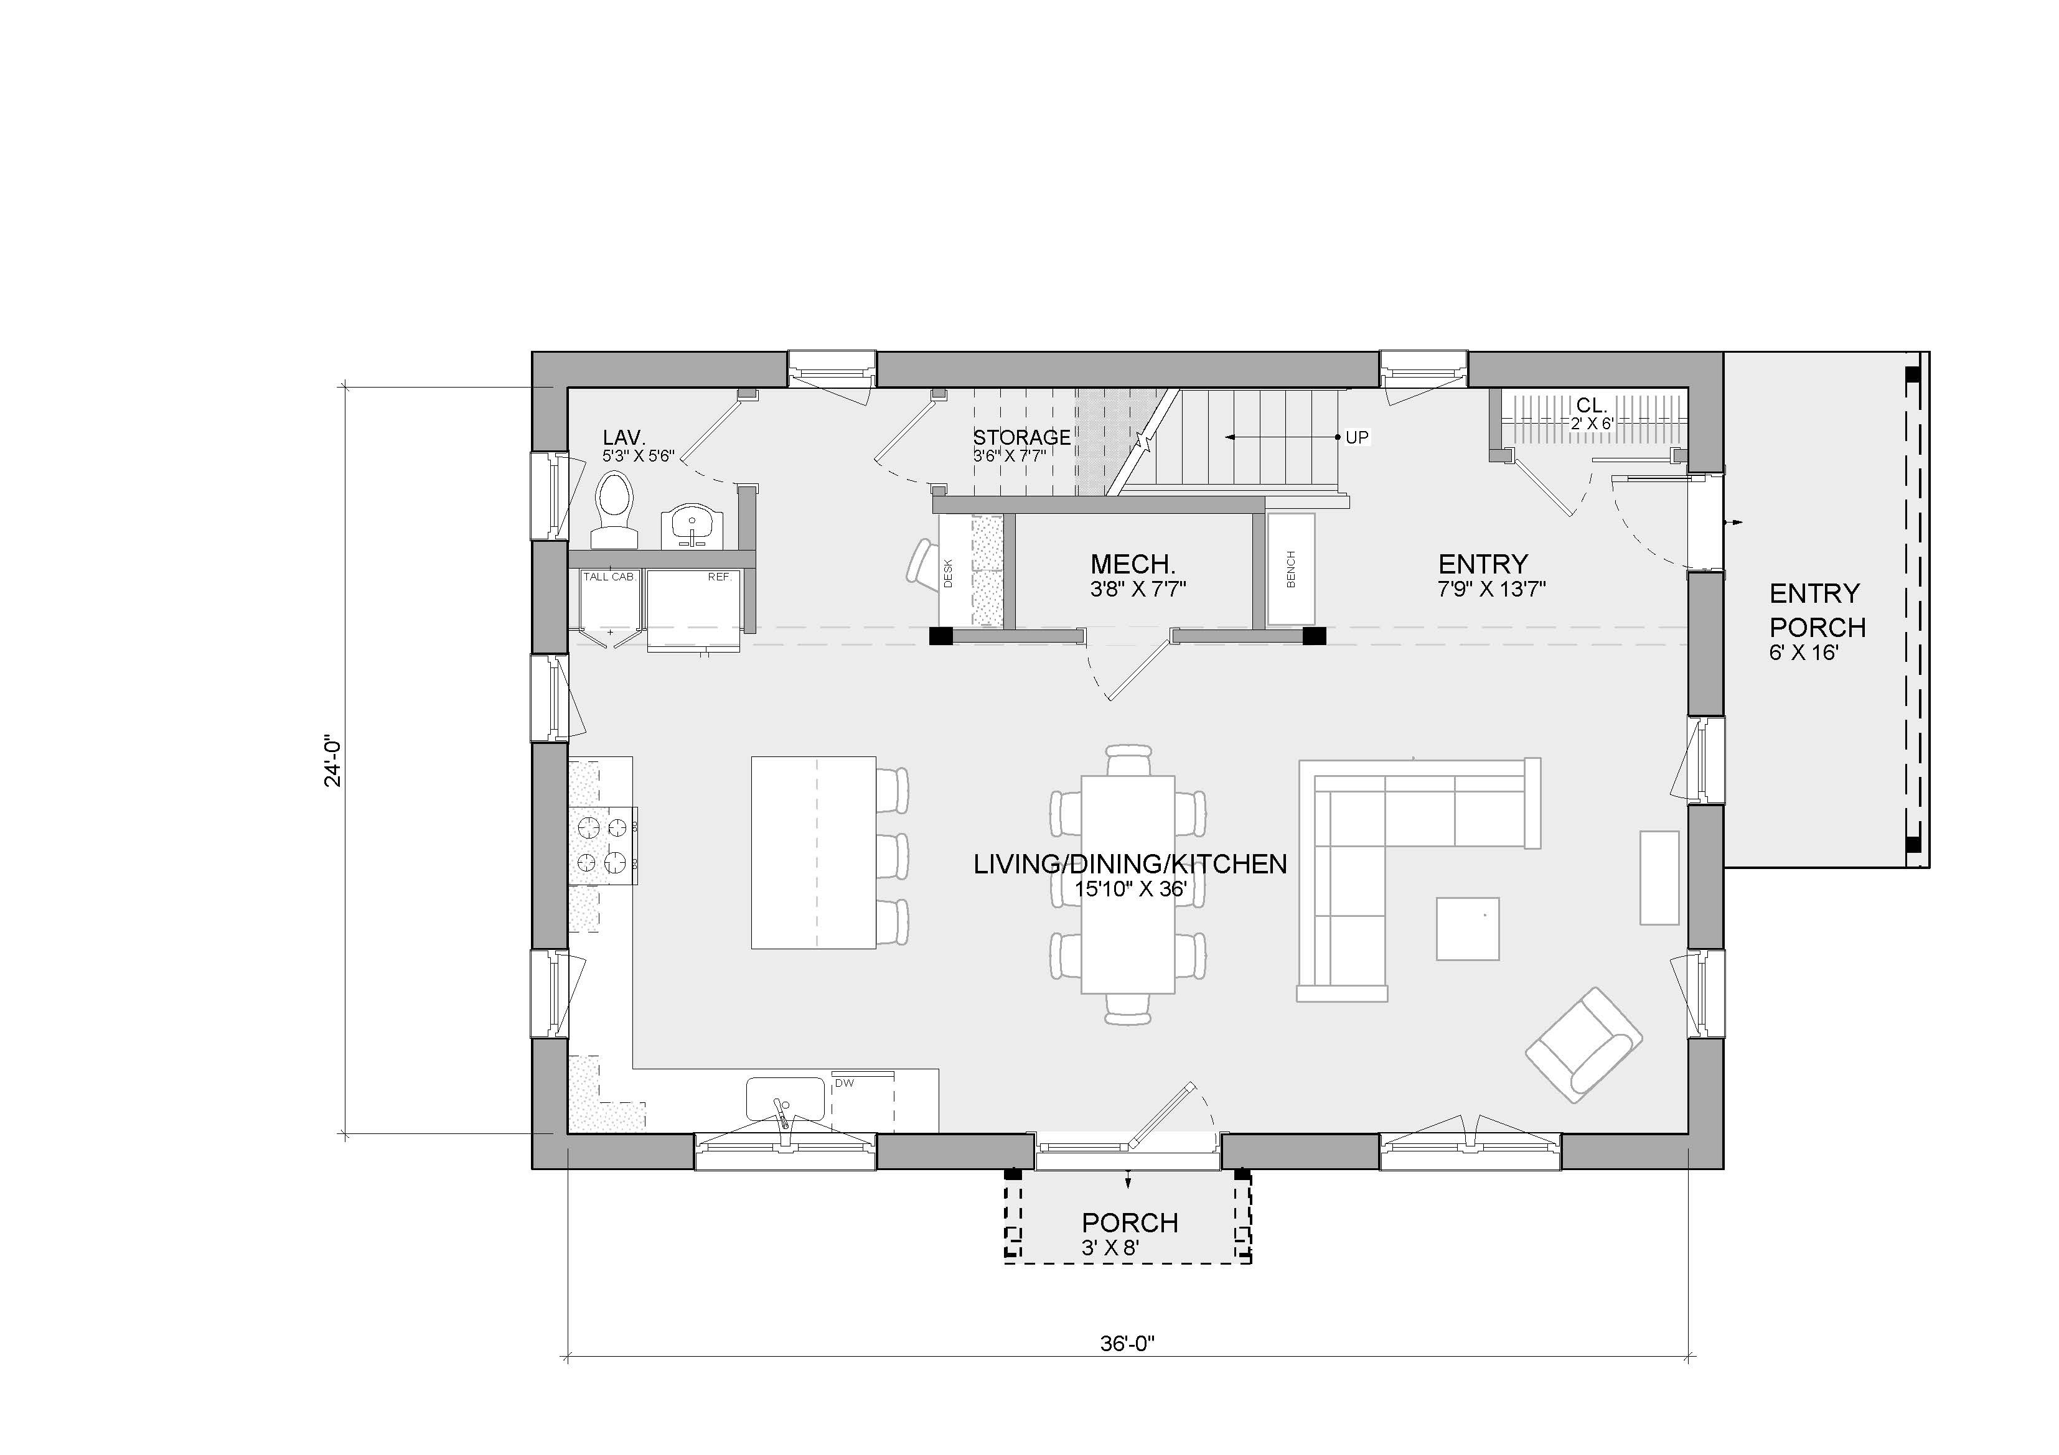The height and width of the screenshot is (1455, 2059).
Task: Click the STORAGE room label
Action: click(1021, 437)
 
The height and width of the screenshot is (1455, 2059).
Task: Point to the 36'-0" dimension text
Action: click(1127, 1369)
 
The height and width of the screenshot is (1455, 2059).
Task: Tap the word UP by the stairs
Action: click(1357, 437)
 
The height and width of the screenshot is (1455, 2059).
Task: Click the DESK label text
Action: click(949, 574)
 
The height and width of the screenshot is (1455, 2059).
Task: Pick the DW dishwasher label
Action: click(845, 1083)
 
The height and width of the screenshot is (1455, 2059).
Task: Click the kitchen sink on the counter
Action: click(786, 1099)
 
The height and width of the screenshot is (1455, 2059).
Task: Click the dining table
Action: click(1128, 885)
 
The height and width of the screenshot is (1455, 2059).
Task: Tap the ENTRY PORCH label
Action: click(1817, 610)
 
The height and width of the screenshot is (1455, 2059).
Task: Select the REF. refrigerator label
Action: click(720, 577)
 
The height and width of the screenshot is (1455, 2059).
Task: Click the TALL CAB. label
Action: click(609, 577)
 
